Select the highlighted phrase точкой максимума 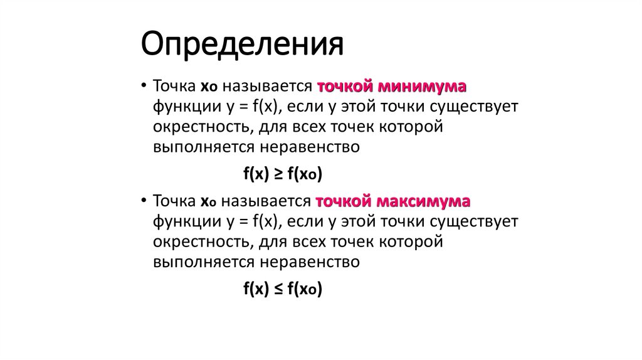tap(393, 202)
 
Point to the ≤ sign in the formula tap(278, 289)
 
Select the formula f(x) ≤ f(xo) tap(282, 289)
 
